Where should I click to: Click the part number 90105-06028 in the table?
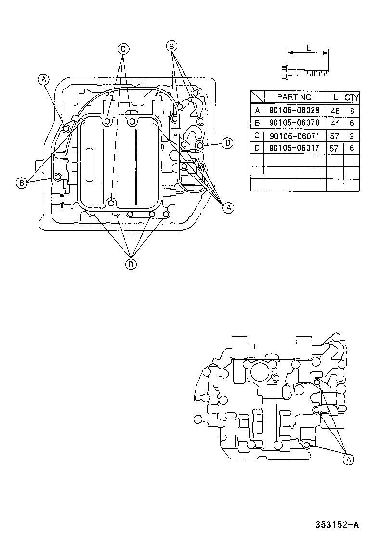tap(295, 110)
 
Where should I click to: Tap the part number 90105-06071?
tap(295, 135)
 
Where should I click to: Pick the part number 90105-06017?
tap(295, 148)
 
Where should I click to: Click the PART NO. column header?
tap(295, 97)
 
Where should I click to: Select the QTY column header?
tap(352, 97)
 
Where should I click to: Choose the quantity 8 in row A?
tap(352, 110)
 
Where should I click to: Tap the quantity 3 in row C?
tap(352, 135)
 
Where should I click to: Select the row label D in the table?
tap(257, 148)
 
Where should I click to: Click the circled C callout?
tap(123, 49)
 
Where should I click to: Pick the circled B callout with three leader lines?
tap(171, 46)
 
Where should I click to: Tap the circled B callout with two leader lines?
tap(22, 182)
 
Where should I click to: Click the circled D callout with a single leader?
tap(228, 142)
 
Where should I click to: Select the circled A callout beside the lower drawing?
tap(348, 460)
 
